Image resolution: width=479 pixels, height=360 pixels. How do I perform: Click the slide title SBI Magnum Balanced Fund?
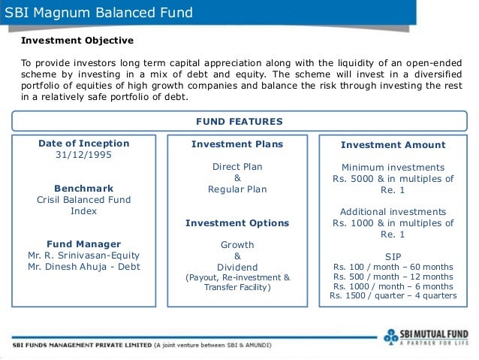tap(98, 13)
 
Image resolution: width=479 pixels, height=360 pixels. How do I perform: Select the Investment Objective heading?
tap(77, 40)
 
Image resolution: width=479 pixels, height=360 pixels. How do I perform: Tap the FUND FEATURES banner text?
tap(239, 121)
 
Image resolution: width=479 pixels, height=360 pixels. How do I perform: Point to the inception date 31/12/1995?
tap(83, 156)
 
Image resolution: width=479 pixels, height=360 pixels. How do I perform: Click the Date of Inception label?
tap(83, 144)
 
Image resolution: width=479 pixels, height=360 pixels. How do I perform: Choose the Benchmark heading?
tap(83, 188)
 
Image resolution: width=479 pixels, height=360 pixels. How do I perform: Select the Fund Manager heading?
tap(83, 244)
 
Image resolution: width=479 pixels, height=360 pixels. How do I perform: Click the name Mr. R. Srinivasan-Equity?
tap(83, 255)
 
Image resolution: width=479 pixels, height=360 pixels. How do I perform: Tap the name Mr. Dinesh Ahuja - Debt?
tap(83, 267)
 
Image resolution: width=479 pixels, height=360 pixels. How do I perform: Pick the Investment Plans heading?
tap(236, 144)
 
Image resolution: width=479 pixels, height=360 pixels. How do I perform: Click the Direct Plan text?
tap(236, 167)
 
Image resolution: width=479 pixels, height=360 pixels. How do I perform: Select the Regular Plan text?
tap(236, 189)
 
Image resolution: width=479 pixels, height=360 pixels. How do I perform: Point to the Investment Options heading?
tap(236, 223)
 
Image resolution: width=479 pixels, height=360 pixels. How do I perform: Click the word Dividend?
tap(236, 267)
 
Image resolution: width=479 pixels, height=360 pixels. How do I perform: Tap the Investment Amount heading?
tap(393, 144)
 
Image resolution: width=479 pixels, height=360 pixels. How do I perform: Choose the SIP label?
tap(393, 256)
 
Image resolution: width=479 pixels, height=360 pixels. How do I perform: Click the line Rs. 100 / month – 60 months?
tap(393, 267)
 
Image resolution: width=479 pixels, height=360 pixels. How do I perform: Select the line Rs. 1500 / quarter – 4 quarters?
tap(393, 295)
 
